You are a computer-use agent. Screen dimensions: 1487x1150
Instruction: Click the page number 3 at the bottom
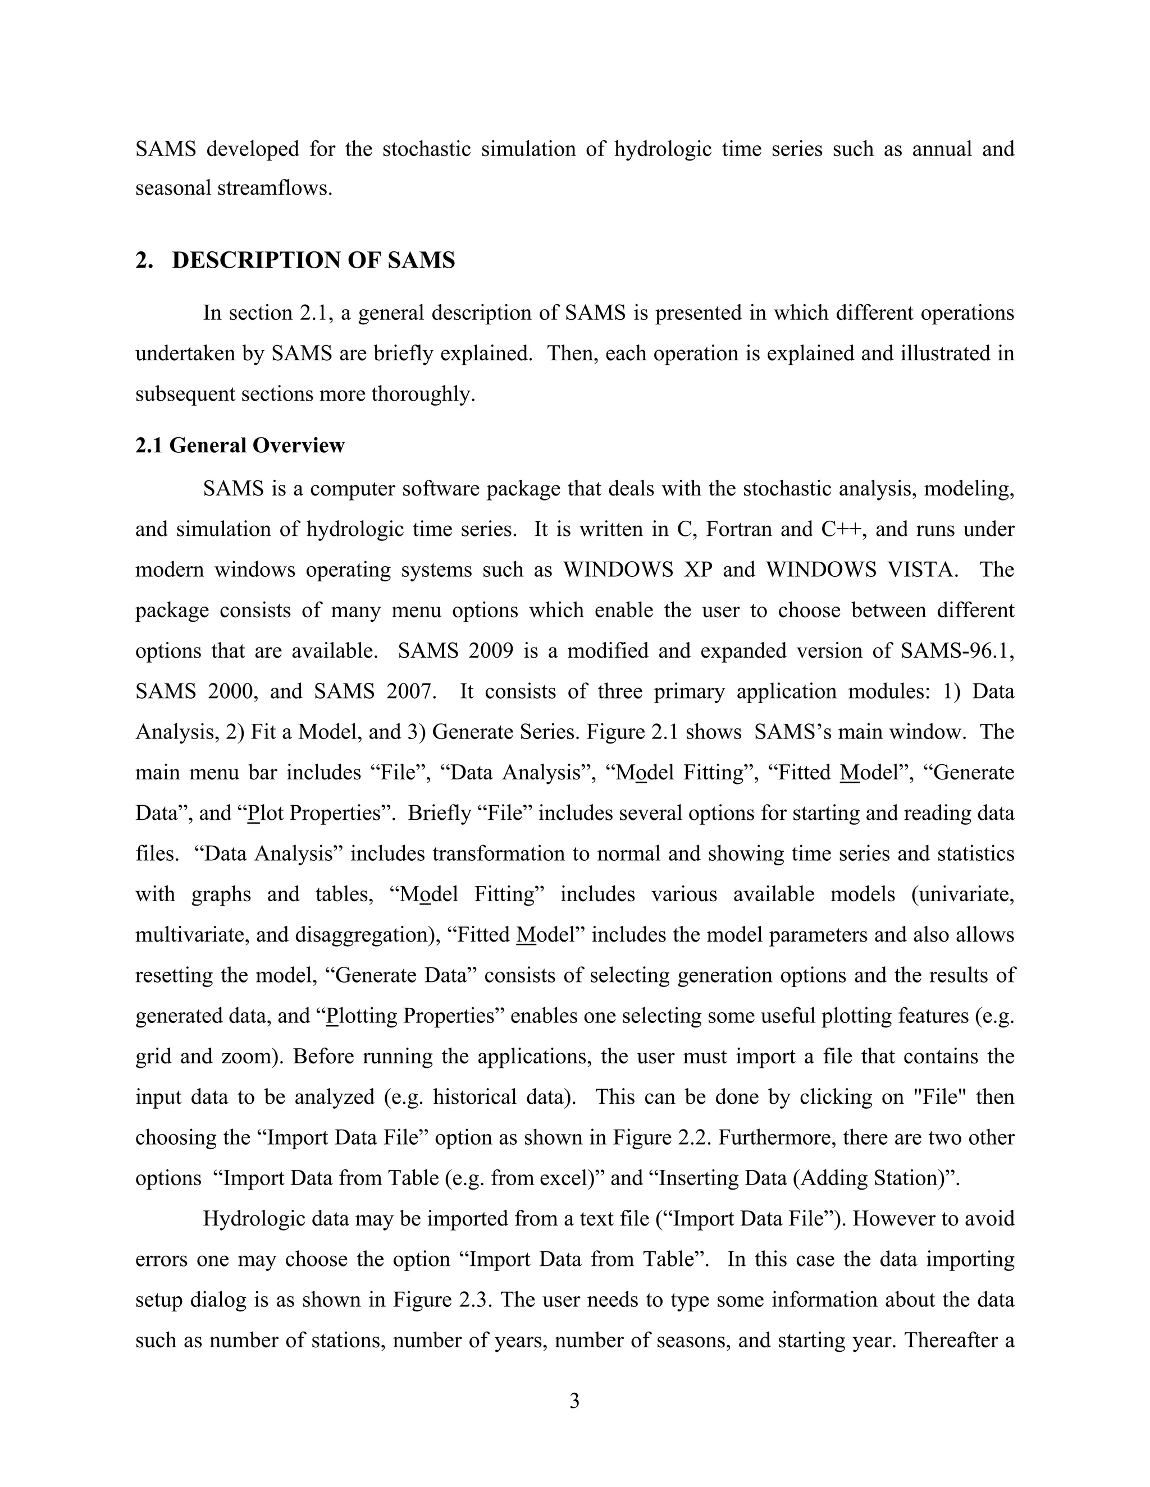click(x=574, y=1401)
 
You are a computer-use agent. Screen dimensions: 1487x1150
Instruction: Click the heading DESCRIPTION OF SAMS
click(x=313, y=260)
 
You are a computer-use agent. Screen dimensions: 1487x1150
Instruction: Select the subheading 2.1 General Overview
click(x=240, y=446)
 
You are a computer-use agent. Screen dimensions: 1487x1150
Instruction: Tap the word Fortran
click(x=738, y=529)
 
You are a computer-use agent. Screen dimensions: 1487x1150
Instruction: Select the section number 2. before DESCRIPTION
click(x=143, y=260)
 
